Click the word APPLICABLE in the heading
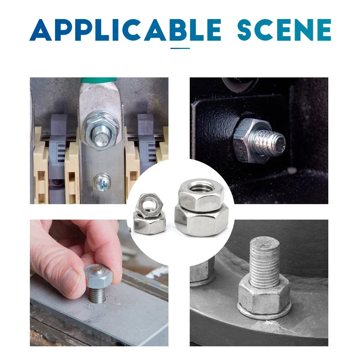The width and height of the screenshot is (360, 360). pyautogui.click(x=125, y=30)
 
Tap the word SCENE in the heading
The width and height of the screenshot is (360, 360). pyautogui.click(x=284, y=30)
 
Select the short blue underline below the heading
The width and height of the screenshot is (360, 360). pyautogui.click(x=180, y=48)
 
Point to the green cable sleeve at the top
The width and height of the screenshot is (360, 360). pyautogui.click(x=99, y=80)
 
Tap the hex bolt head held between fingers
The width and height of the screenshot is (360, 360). pyautogui.click(x=99, y=276)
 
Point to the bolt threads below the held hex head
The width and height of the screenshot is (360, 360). pyautogui.click(x=97, y=295)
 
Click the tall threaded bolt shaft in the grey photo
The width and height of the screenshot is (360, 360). pyautogui.click(x=265, y=261)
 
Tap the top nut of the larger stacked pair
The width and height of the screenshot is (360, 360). pyautogui.click(x=201, y=195)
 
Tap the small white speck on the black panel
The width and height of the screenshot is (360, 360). pyautogui.click(x=292, y=170)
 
